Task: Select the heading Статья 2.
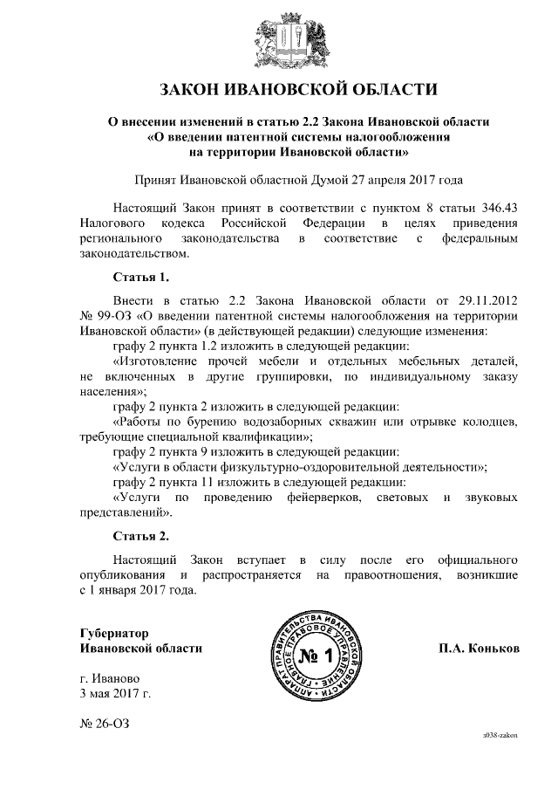140,534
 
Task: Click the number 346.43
495,206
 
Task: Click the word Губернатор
113,632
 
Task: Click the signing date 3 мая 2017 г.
114,695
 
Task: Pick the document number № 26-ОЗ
104,725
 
